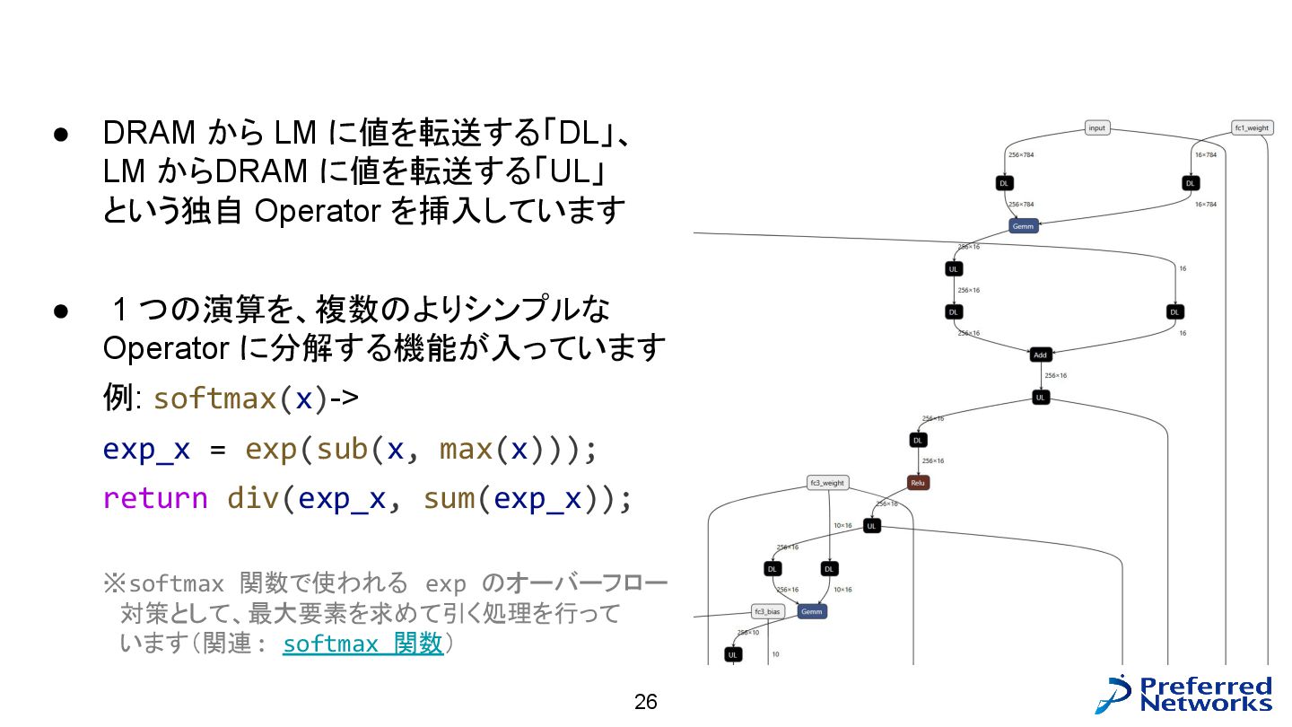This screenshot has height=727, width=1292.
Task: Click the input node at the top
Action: [x=1096, y=128]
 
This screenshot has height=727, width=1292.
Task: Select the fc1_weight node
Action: [x=1252, y=128]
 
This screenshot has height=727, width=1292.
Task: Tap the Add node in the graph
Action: [x=1040, y=355]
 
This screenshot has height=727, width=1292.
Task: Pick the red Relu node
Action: [x=917, y=483]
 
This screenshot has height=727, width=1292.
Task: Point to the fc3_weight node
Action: [x=827, y=483]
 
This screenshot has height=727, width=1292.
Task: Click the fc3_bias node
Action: [x=767, y=612]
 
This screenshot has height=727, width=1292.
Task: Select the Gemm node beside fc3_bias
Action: [x=811, y=612]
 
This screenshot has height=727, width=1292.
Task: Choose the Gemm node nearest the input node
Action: [x=1023, y=226]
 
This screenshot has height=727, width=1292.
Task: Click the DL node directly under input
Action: [x=1004, y=183]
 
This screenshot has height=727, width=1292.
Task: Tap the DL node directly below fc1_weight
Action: [x=1191, y=183]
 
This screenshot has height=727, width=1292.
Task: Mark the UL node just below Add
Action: [x=1040, y=397]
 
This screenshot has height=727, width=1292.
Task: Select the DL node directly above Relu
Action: [x=917, y=441]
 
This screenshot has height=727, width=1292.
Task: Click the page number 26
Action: [x=646, y=702]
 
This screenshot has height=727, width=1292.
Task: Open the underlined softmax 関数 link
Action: [x=362, y=644]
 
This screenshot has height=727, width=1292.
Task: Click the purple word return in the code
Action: [x=155, y=497]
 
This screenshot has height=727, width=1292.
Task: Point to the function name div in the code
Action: [x=254, y=497]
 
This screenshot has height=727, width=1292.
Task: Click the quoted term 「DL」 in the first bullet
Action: [x=581, y=133]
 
